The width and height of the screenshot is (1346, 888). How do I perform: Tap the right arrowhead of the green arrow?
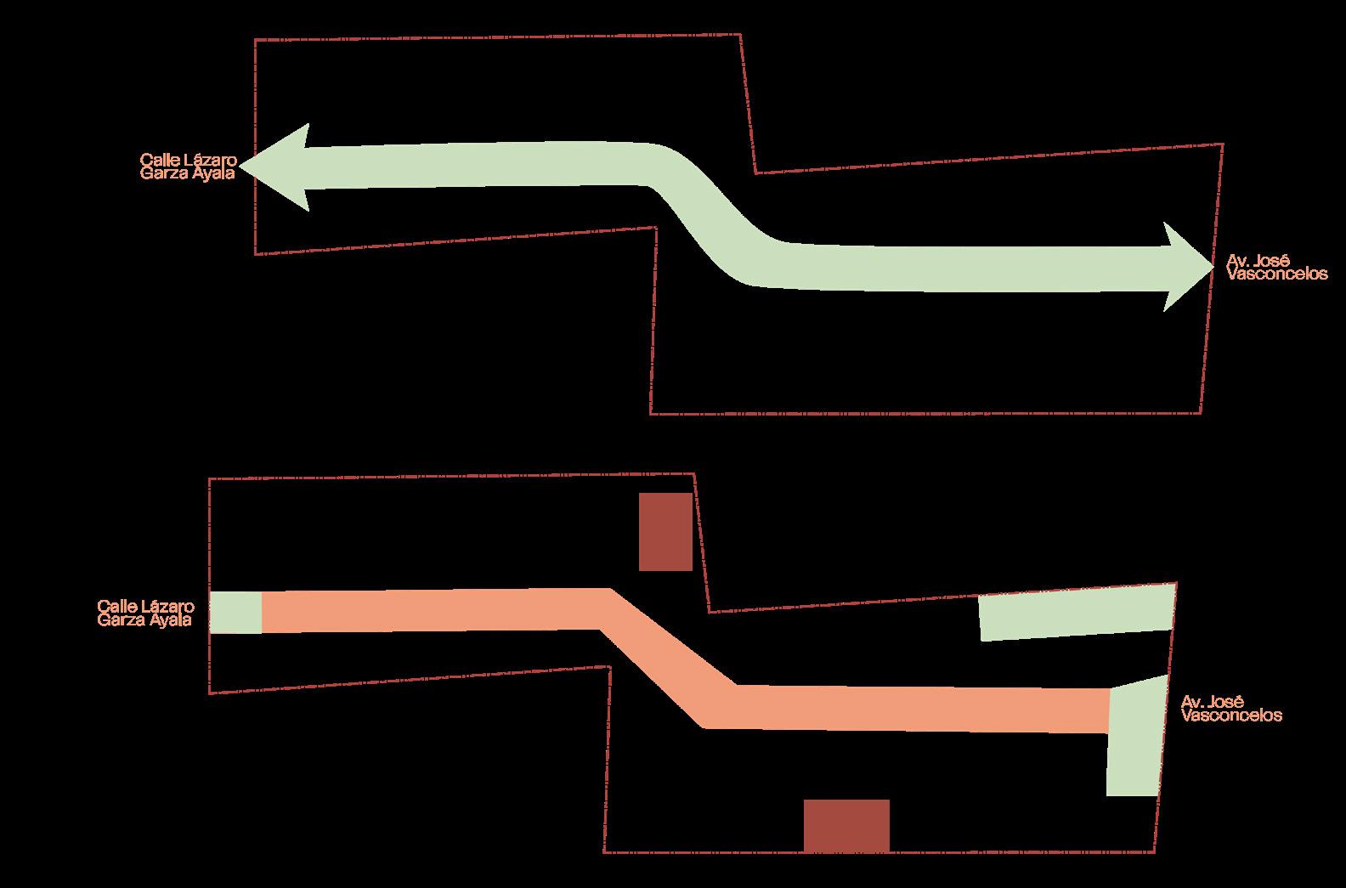click(1185, 266)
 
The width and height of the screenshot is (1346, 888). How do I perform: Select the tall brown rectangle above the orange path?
click(665, 531)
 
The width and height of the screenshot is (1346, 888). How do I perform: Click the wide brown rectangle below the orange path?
click(846, 824)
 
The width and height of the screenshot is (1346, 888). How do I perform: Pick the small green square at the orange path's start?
click(235, 612)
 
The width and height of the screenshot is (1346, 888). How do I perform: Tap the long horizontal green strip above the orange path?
click(1077, 613)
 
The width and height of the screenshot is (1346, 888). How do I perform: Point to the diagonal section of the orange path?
click(667, 659)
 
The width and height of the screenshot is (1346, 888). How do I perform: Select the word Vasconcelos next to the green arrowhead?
click(1277, 274)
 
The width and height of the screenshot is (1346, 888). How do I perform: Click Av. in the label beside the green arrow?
click(1237, 262)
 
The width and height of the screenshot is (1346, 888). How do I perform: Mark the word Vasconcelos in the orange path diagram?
click(1231, 715)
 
